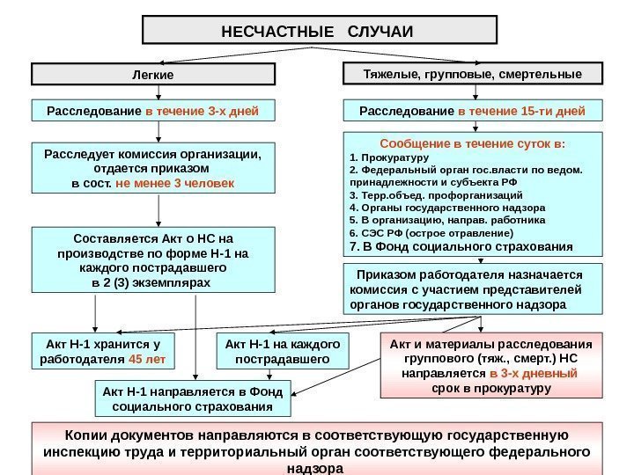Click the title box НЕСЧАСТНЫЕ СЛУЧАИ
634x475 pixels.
coord(318,30)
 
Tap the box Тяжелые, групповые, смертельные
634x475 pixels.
coord(473,74)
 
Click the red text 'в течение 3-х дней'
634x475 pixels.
coord(203,112)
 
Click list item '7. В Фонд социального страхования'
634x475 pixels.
coord(461,247)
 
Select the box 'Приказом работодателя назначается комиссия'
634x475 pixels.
coord(472,289)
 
